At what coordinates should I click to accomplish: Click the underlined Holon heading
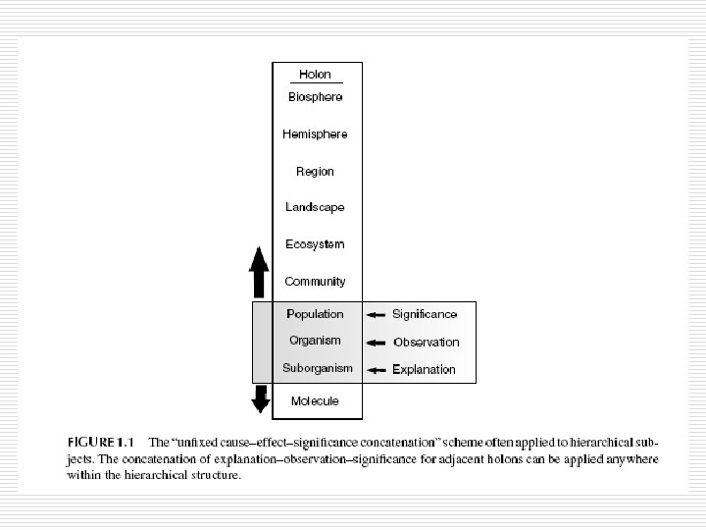(x=315, y=75)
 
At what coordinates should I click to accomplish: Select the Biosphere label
(x=315, y=97)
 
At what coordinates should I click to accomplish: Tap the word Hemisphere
(x=315, y=134)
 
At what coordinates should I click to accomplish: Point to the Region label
(x=315, y=172)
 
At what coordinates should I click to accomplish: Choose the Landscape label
(x=315, y=207)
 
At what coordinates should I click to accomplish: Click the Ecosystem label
(x=315, y=244)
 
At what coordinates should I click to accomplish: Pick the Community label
(x=315, y=282)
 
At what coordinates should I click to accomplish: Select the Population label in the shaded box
(x=315, y=314)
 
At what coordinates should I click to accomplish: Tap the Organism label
(x=315, y=341)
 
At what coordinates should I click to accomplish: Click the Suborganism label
(x=318, y=368)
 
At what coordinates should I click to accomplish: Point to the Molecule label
(x=315, y=401)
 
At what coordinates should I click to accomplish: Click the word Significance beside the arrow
(x=425, y=314)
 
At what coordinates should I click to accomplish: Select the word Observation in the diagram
(x=427, y=343)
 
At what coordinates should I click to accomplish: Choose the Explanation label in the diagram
(x=424, y=370)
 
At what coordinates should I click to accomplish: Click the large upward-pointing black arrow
(x=259, y=272)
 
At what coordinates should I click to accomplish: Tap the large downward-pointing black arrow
(x=260, y=398)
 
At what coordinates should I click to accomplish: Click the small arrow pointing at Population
(x=376, y=315)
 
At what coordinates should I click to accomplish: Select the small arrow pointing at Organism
(x=376, y=343)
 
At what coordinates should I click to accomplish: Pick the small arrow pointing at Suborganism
(x=376, y=370)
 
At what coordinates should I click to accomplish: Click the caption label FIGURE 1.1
(x=101, y=443)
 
